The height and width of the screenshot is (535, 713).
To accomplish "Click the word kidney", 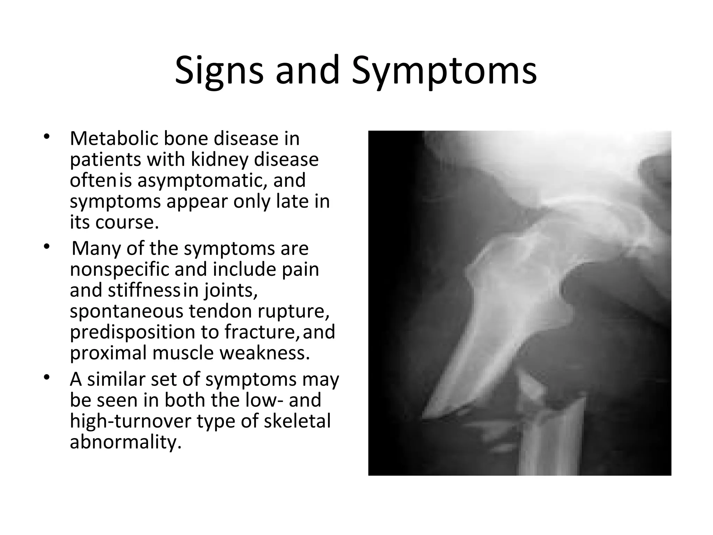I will pos(219,160).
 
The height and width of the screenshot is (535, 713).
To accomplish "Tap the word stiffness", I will pos(144,290).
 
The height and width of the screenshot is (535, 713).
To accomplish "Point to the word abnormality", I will pos(125,442).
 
